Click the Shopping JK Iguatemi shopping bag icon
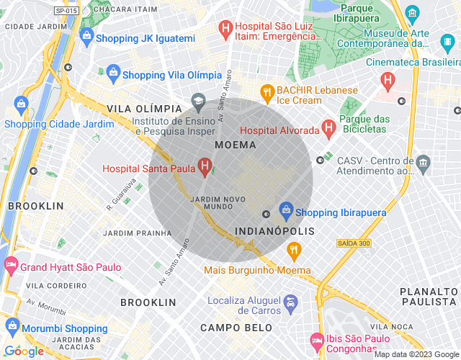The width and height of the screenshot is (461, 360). (86, 35)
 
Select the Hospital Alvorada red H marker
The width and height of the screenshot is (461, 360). (328, 130)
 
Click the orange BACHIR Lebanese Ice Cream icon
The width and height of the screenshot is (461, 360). (267, 91)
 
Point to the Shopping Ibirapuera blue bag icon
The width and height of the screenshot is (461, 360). (286, 210)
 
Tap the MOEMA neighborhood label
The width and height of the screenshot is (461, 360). (235, 145)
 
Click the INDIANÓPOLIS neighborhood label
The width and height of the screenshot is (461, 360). (275, 231)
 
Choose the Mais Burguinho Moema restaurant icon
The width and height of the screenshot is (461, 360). (293, 251)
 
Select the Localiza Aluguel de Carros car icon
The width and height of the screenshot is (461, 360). (290, 302)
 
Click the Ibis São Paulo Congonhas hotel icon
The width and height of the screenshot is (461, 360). (316, 339)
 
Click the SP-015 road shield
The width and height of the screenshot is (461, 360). (66, 11)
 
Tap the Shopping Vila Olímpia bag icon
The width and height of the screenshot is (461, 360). (113, 73)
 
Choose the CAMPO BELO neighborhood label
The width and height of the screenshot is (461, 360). (236, 328)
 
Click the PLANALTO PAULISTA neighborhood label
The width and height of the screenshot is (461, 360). (429, 296)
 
